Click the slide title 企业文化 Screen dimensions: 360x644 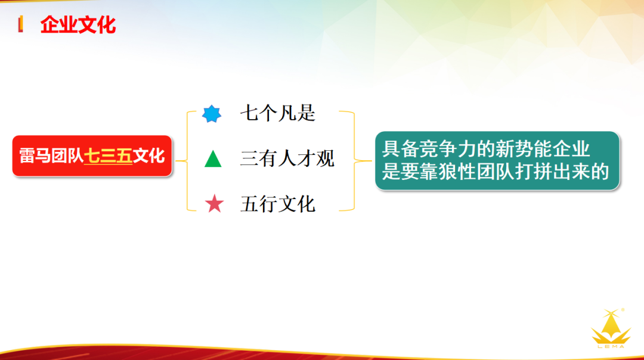(78, 25)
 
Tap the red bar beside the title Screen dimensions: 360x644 (21, 25)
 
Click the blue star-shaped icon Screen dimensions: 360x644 (212, 113)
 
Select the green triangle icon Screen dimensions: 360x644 (213, 159)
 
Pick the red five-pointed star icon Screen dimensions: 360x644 (214, 204)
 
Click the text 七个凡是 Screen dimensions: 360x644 (277, 113)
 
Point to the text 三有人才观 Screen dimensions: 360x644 (287, 159)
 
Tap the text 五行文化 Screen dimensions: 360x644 (277, 204)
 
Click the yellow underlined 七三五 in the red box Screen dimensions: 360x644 (108, 156)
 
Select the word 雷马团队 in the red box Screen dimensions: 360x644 (51, 156)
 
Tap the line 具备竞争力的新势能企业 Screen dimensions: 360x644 (486, 148)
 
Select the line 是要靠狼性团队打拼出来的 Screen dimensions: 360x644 (496, 172)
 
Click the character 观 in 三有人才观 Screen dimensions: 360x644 (326, 159)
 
